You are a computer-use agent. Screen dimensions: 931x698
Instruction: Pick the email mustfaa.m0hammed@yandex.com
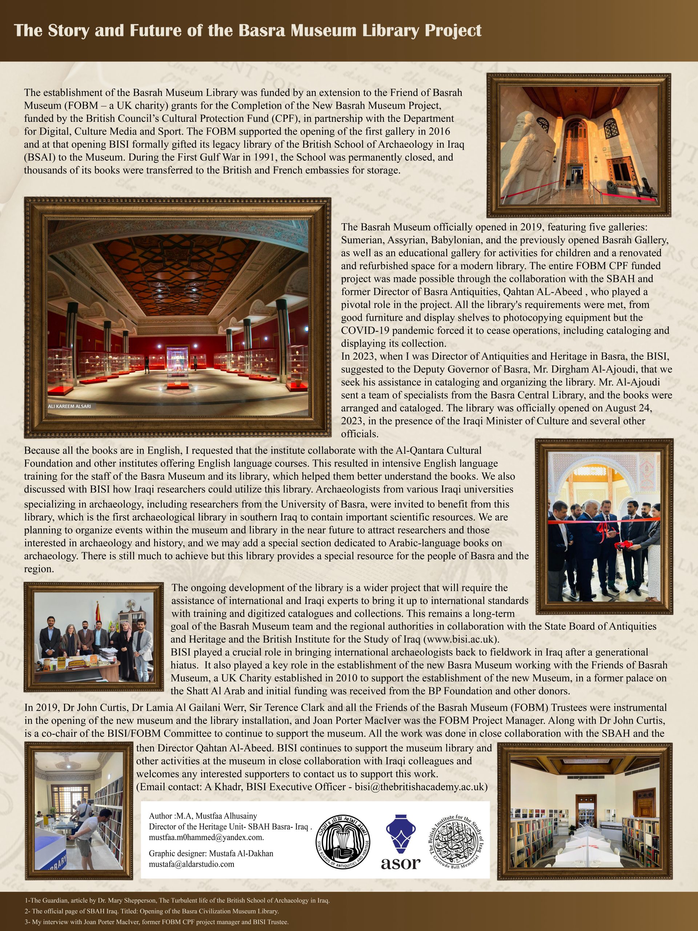pos(206,837)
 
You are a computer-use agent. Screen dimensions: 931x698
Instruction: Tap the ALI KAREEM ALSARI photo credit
pos(69,406)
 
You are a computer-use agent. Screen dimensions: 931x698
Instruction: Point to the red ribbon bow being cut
pos(602,531)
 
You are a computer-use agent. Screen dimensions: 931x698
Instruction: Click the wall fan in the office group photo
pos(131,605)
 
